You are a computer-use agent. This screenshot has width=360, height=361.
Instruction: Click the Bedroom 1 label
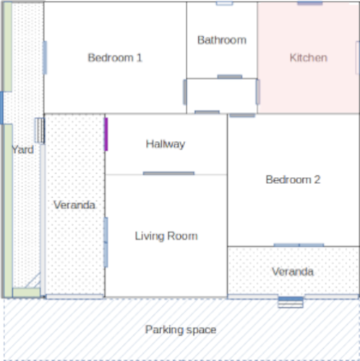click(x=115, y=58)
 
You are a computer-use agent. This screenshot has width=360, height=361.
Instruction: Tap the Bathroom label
click(x=222, y=40)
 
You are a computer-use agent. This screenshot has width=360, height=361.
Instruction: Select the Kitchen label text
click(x=308, y=58)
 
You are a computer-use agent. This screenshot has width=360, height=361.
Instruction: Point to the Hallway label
click(x=165, y=144)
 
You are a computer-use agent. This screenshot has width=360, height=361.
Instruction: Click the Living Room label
click(x=166, y=236)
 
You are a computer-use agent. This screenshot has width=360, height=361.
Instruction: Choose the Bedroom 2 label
click(x=292, y=180)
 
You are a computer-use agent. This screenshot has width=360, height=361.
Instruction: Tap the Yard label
click(x=23, y=150)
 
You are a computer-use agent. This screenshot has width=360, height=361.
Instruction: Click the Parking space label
click(x=180, y=330)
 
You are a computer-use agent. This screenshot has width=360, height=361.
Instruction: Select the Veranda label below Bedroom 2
click(x=292, y=272)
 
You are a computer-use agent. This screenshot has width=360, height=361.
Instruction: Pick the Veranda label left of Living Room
click(x=74, y=206)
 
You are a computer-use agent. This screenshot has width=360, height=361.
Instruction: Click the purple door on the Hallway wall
click(x=106, y=134)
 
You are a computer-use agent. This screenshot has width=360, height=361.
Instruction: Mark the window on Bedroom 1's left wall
click(x=45, y=58)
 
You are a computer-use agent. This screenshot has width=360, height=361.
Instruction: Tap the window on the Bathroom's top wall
click(x=224, y=3)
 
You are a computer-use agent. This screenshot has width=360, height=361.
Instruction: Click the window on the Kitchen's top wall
click(x=309, y=3)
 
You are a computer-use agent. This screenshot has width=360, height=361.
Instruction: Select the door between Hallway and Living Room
click(x=168, y=173)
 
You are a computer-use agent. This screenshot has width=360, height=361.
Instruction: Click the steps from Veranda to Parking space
click(x=290, y=303)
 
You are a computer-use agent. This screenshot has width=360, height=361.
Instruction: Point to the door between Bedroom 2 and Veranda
click(x=299, y=245)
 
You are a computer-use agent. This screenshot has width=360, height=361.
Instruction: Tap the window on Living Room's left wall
click(x=106, y=242)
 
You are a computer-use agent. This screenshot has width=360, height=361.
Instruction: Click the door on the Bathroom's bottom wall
click(x=229, y=77)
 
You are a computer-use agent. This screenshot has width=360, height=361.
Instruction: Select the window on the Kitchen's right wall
click(x=358, y=57)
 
